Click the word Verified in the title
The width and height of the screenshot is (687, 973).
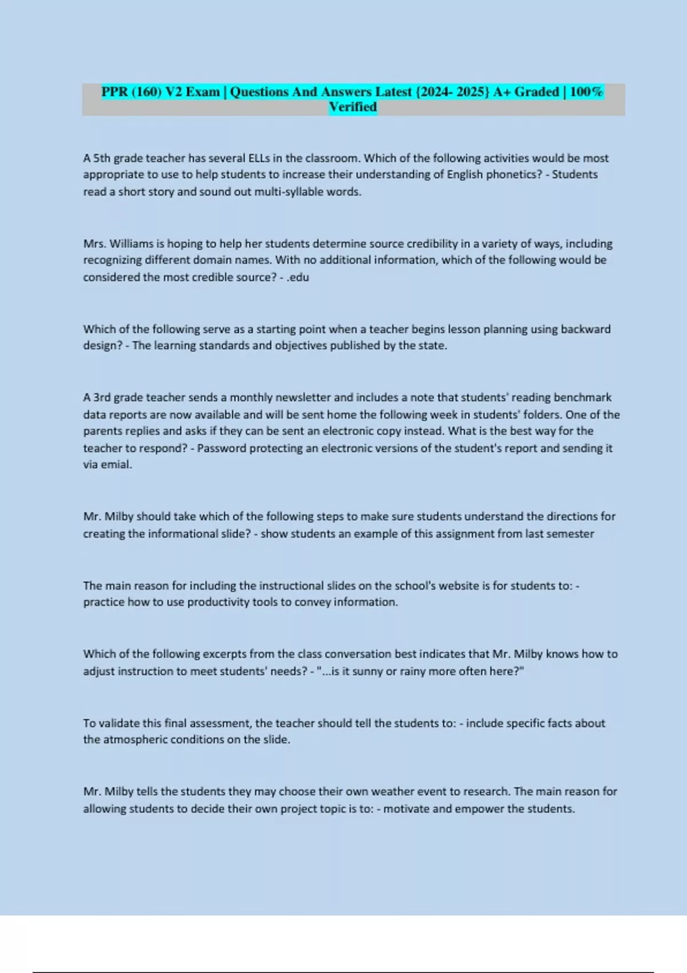click(x=353, y=107)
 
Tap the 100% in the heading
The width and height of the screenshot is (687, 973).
click(x=586, y=92)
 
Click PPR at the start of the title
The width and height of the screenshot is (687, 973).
click(x=114, y=92)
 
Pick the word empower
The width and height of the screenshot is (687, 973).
click(x=480, y=809)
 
